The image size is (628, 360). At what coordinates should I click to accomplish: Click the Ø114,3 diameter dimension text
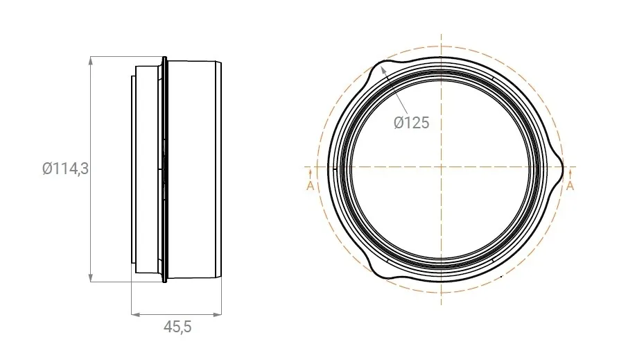pyautogui.click(x=65, y=169)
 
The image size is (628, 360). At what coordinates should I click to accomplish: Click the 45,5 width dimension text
pyautogui.click(x=177, y=327)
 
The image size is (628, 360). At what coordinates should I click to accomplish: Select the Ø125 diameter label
pyautogui.click(x=411, y=123)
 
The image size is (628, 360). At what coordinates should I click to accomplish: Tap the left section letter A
pyautogui.click(x=311, y=186)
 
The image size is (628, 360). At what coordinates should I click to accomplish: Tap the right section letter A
pyautogui.click(x=570, y=186)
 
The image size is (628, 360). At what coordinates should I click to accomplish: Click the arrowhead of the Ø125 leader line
pyautogui.click(x=384, y=71)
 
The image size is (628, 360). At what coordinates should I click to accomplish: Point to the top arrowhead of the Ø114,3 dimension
pyautogui.click(x=91, y=60)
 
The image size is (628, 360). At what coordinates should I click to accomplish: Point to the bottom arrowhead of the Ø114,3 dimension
pyautogui.click(x=91, y=277)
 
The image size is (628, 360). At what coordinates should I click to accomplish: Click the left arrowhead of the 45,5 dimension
pyautogui.click(x=136, y=315)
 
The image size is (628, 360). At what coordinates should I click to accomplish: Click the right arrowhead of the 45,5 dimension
pyautogui.click(x=218, y=315)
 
